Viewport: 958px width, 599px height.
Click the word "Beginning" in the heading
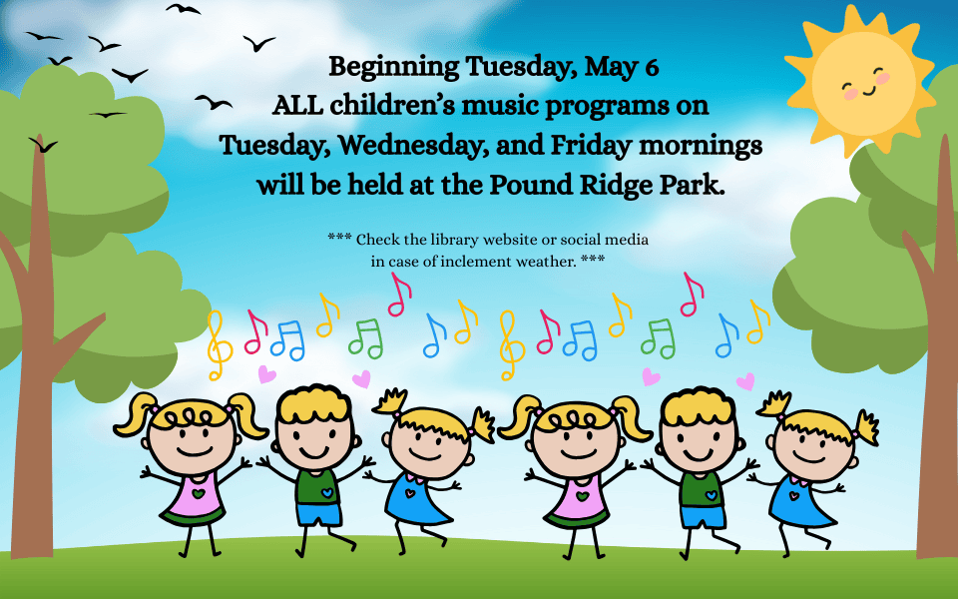point(393,67)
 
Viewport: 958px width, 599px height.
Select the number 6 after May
point(652,67)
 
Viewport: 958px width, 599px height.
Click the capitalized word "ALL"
point(297,105)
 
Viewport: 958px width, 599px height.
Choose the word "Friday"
point(591,146)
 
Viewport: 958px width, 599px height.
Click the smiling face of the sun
point(864,81)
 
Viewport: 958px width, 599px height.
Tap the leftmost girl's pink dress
point(195,496)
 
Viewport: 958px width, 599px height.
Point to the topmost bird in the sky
point(183,8)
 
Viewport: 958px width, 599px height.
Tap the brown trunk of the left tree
point(38,366)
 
